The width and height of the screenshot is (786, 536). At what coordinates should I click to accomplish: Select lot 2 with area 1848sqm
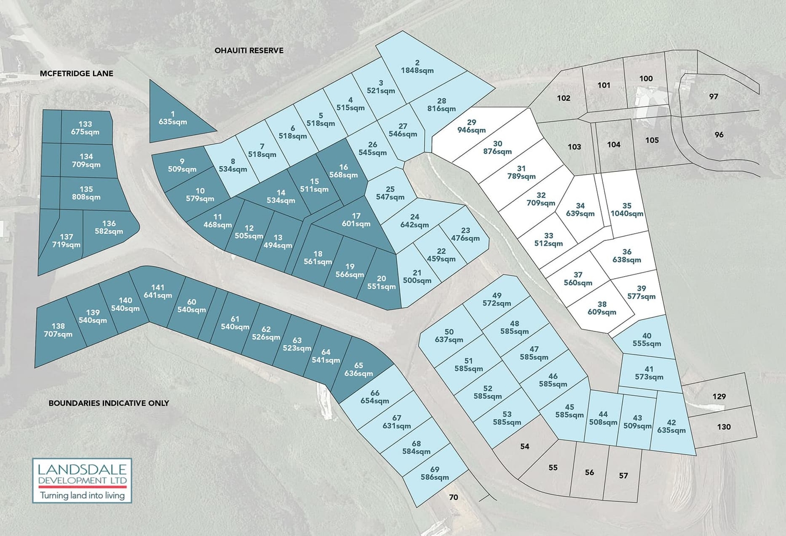pyautogui.click(x=417, y=67)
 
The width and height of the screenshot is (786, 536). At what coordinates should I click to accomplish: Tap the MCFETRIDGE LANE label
pyautogui.click(x=77, y=74)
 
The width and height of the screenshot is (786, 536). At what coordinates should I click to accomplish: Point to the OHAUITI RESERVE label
pyautogui.click(x=249, y=51)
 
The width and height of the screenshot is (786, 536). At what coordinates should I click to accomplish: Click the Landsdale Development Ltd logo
pyautogui.click(x=82, y=480)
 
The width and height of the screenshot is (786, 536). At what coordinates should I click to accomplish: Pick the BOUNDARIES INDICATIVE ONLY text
pyautogui.click(x=108, y=403)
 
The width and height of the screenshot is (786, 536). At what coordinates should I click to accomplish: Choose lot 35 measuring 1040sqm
pyautogui.click(x=626, y=210)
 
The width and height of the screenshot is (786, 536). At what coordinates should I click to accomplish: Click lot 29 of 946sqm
pyautogui.click(x=471, y=126)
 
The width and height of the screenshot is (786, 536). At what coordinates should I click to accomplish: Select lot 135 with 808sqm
pyautogui.click(x=86, y=193)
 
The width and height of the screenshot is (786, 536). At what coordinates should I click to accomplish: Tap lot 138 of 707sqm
pyautogui.click(x=58, y=330)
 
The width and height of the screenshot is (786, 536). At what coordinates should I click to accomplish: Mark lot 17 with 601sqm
pyautogui.click(x=356, y=220)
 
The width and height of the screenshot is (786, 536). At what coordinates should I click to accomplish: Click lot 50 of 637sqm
pyautogui.click(x=449, y=336)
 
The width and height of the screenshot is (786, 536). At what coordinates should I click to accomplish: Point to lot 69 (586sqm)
pyautogui.click(x=434, y=474)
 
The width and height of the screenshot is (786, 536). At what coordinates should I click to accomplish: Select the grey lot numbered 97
pyautogui.click(x=713, y=97)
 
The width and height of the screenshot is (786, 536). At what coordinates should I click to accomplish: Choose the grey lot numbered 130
pyautogui.click(x=724, y=427)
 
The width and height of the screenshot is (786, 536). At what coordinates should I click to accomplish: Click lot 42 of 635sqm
pyautogui.click(x=671, y=427)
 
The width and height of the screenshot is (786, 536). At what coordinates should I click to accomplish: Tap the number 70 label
pyautogui.click(x=453, y=497)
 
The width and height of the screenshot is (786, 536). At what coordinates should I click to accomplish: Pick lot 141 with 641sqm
pyautogui.click(x=158, y=292)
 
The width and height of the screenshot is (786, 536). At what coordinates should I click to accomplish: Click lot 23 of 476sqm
pyautogui.click(x=465, y=235)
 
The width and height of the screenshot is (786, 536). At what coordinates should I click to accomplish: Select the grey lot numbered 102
pyautogui.click(x=563, y=98)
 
